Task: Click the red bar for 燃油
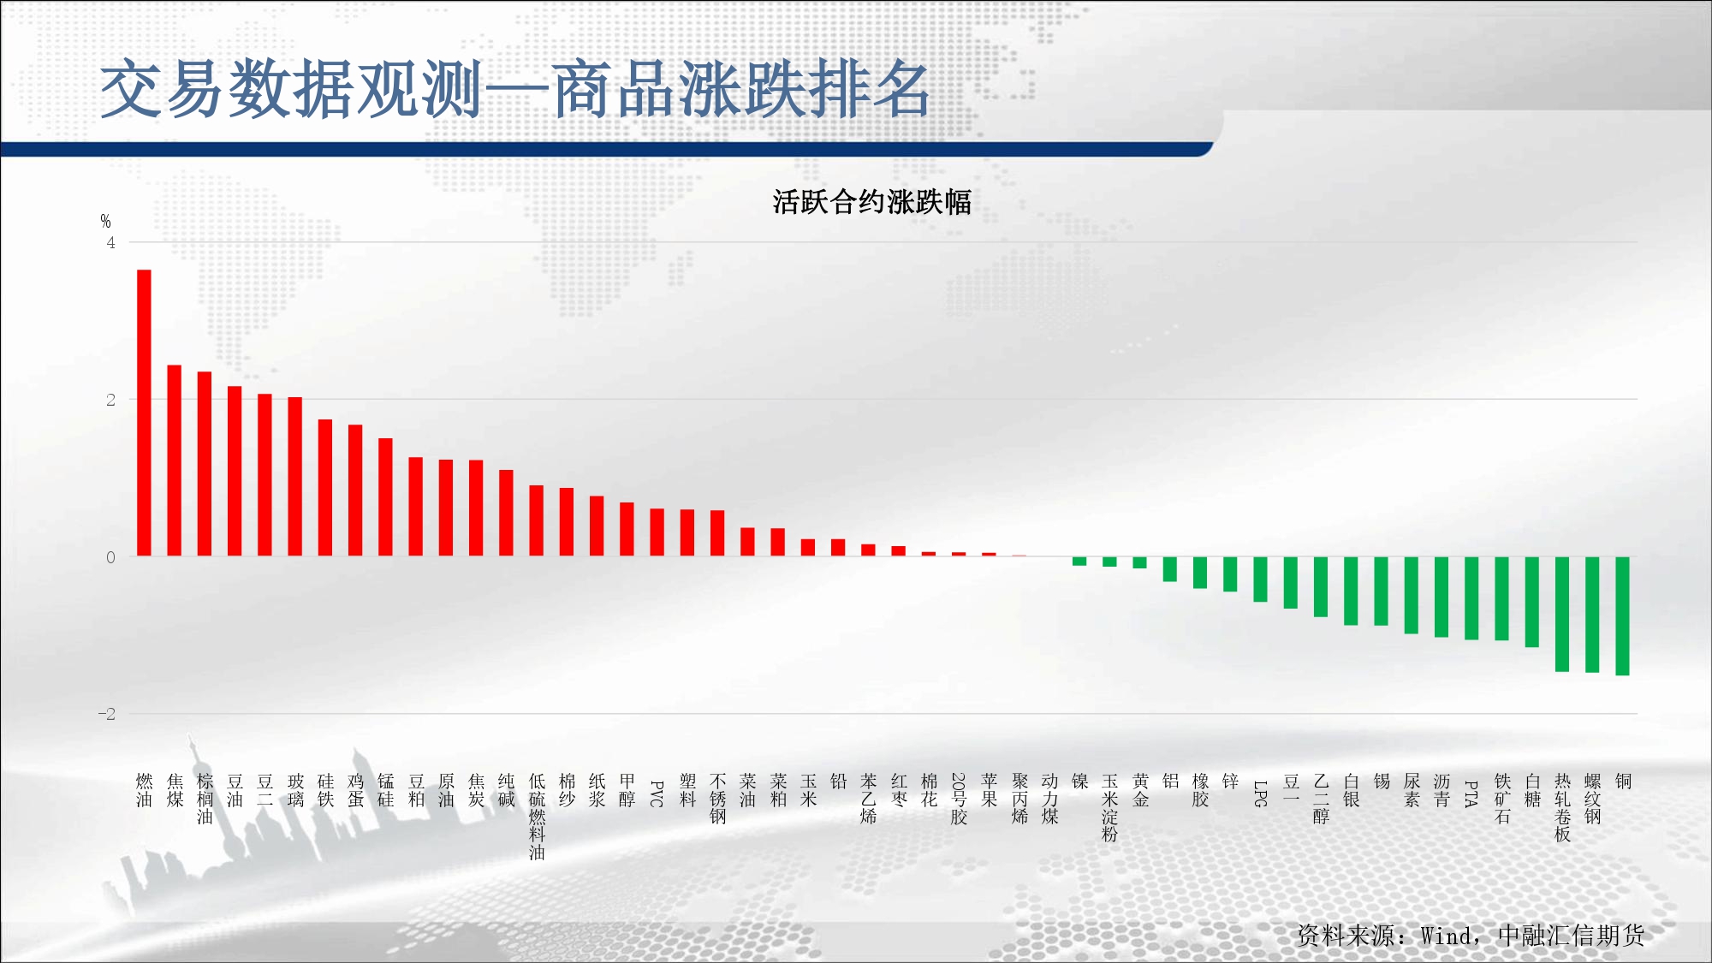tap(144, 413)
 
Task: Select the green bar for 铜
tap(1622, 616)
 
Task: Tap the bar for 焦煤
tap(174, 461)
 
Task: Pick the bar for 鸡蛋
tap(355, 490)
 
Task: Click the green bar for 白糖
tap(1532, 602)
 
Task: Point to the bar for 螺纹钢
tap(1592, 615)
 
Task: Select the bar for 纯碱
tap(506, 513)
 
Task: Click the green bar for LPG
tap(1260, 580)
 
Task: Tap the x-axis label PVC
tap(657, 794)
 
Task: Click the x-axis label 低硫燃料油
tap(537, 817)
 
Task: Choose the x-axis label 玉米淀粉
tap(1109, 807)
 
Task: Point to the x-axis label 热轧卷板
tap(1562, 807)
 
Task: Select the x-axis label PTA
tap(1471, 794)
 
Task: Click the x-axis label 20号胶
tap(959, 799)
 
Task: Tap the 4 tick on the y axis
tap(110, 243)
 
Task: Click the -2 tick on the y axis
tap(106, 714)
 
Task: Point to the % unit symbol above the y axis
tap(105, 221)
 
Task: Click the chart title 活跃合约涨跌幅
tap(871, 202)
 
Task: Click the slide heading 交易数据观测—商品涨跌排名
tap(515, 89)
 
